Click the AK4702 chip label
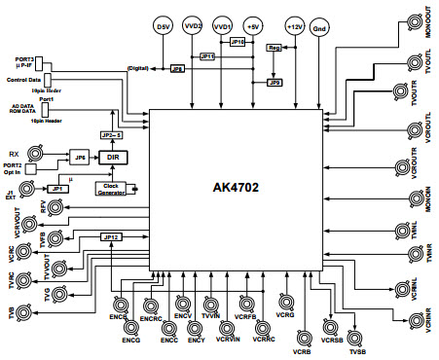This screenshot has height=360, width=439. pos(238,187)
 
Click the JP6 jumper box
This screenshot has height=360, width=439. pos(80,156)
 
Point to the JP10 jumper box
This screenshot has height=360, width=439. pos(238,43)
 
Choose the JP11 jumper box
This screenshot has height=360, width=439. pos(208,57)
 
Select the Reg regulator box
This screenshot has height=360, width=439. pos(274,47)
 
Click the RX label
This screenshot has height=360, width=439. pos(13,153)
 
